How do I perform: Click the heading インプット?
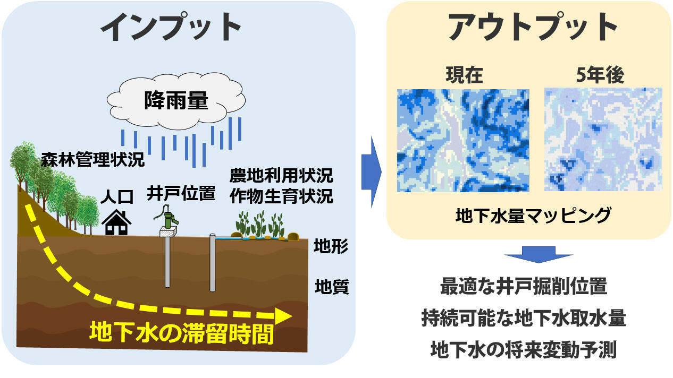(x=171, y=27)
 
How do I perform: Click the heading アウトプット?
(x=532, y=27)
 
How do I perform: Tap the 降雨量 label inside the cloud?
(x=176, y=100)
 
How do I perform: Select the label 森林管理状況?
(x=92, y=159)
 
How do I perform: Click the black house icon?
(x=116, y=222)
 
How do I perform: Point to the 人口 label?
(x=117, y=197)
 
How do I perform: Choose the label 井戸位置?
(x=181, y=193)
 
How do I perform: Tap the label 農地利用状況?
(x=281, y=176)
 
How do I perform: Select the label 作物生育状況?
(x=281, y=196)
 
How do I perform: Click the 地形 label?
(x=331, y=246)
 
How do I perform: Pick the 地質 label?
(x=332, y=287)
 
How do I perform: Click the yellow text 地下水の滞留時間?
(x=181, y=333)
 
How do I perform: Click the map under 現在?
(x=463, y=140)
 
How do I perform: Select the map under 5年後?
(x=603, y=139)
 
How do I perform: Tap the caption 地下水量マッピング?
(x=533, y=216)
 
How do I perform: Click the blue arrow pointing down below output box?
(x=539, y=255)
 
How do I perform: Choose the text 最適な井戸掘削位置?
(x=524, y=287)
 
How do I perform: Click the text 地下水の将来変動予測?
(x=524, y=349)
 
